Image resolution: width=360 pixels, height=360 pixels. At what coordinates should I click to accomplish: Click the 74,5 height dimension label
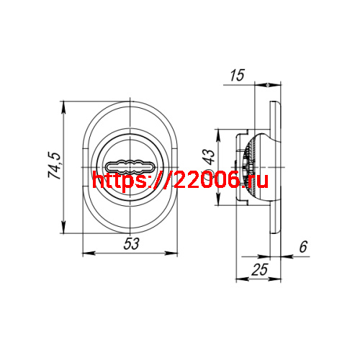(x=55, y=166)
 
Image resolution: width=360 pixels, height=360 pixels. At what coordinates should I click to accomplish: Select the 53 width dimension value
(x=131, y=243)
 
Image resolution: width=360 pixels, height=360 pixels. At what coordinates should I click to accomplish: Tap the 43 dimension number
(x=210, y=157)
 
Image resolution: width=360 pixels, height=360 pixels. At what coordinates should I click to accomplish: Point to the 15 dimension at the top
(x=237, y=75)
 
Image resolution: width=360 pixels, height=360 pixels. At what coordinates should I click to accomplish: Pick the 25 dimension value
(x=259, y=269)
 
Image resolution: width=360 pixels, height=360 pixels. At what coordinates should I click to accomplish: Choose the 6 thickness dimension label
(x=303, y=246)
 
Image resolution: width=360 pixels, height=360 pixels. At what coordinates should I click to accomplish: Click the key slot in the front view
(x=130, y=166)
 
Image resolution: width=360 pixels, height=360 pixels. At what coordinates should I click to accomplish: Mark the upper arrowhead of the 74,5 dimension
(x=63, y=107)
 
